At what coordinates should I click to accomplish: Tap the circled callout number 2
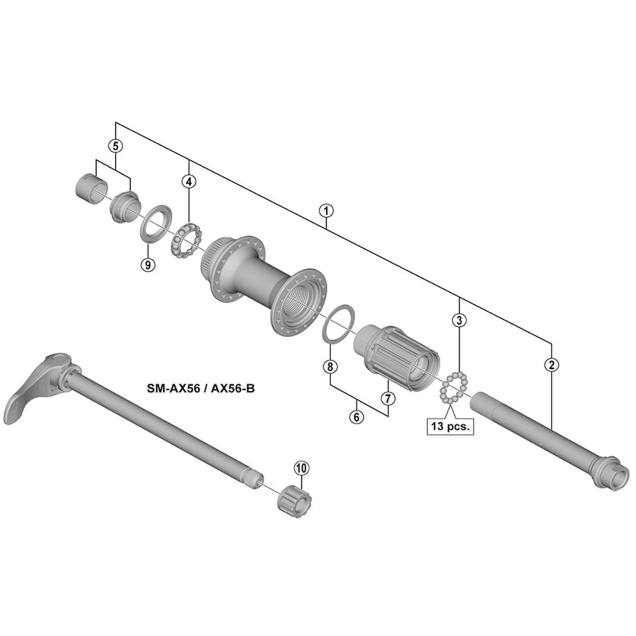point(551,364)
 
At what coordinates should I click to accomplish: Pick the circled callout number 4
point(189,181)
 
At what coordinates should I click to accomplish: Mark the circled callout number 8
point(330,366)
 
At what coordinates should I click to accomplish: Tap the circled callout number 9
point(148,264)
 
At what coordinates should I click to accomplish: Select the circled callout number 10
point(302,468)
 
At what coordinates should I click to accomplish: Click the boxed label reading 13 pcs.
point(450,426)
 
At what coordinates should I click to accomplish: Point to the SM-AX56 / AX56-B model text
point(200,389)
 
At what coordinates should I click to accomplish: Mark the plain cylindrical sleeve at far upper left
point(89,190)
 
